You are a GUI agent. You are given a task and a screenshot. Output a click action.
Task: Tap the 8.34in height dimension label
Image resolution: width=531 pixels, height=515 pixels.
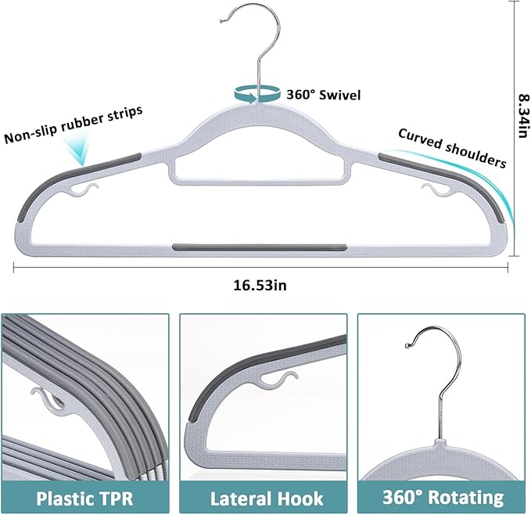(518, 114)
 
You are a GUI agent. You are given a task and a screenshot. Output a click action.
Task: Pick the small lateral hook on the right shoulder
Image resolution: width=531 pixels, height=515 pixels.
(432, 190)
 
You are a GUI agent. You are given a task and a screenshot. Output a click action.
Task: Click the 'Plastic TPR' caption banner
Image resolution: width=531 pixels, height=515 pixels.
(84, 496)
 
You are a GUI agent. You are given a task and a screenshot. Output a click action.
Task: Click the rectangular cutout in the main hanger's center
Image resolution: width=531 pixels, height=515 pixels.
(259, 166)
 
